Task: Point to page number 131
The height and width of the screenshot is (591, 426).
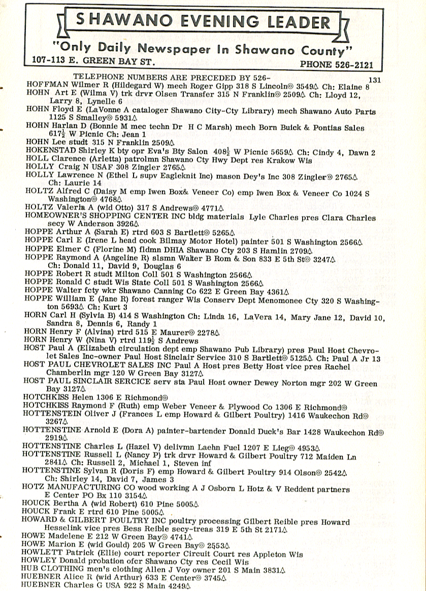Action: point(375,80)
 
